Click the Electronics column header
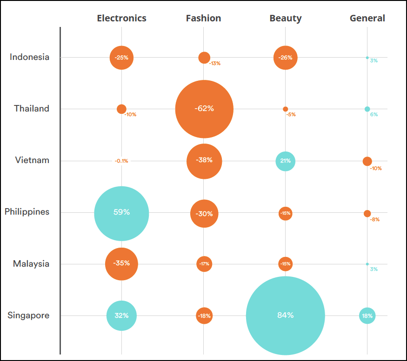121,19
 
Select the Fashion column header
203,19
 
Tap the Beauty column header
285,19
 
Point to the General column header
367,19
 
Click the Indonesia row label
29,57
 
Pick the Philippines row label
27,212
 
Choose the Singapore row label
28,315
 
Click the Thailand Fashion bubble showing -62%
204,109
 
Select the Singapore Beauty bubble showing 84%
285,315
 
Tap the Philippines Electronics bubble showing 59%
121,213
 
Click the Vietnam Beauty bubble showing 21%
285,161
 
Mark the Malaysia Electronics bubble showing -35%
121,264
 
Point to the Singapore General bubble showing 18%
367,316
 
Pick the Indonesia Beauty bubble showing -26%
285,58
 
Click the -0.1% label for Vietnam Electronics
121,161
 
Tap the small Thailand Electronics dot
121,109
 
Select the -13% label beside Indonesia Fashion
214,64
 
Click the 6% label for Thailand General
374,115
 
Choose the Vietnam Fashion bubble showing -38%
204,161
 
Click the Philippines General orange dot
367,214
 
